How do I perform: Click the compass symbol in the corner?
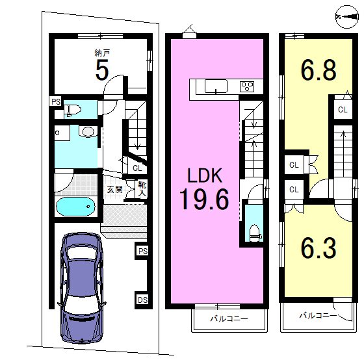point(347,17)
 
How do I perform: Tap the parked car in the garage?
point(82,288)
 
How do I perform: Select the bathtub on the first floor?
point(75,207)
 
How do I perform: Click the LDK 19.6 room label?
point(204,188)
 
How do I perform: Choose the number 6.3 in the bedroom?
point(318,248)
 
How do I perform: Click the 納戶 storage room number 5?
point(102,70)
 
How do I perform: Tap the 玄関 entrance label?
point(114,190)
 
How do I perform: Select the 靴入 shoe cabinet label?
point(142,189)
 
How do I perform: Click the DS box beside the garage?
point(142,300)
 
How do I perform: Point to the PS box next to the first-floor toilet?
point(56,101)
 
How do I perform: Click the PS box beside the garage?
point(142,251)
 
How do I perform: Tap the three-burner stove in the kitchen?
point(247,86)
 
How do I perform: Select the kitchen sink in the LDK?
point(216,86)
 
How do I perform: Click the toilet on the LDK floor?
point(255,233)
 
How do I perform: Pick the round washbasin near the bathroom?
point(88,132)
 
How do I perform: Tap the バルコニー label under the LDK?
point(229,318)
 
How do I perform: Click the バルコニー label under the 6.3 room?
point(318,315)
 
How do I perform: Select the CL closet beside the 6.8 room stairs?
point(343,109)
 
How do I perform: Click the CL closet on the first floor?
point(137,168)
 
